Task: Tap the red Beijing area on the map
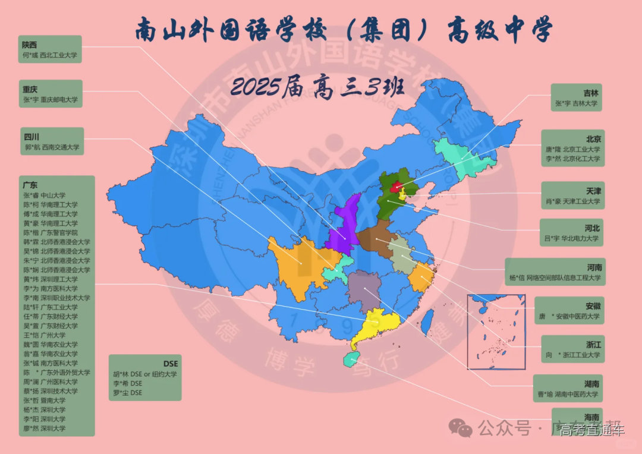(x=395, y=188)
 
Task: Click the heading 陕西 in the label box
(x=30, y=45)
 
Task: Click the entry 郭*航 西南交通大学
(x=51, y=146)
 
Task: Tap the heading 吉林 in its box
(x=590, y=93)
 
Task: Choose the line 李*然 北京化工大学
(x=573, y=159)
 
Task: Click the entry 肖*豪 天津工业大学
(x=572, y=201)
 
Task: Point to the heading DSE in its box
(x=171, y=363)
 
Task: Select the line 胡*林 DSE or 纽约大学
(x=144, y=374)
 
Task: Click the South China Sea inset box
(x=496, y=332)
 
